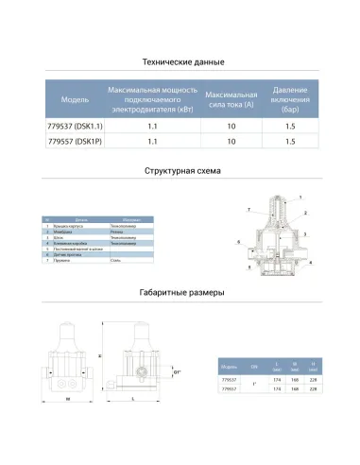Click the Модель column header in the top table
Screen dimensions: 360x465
tap(75, 97)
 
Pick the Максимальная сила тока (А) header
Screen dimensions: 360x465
tap(231, 97)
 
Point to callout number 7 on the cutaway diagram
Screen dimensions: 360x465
tap(249, 207)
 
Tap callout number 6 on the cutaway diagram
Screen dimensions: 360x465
tap(239, 241)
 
